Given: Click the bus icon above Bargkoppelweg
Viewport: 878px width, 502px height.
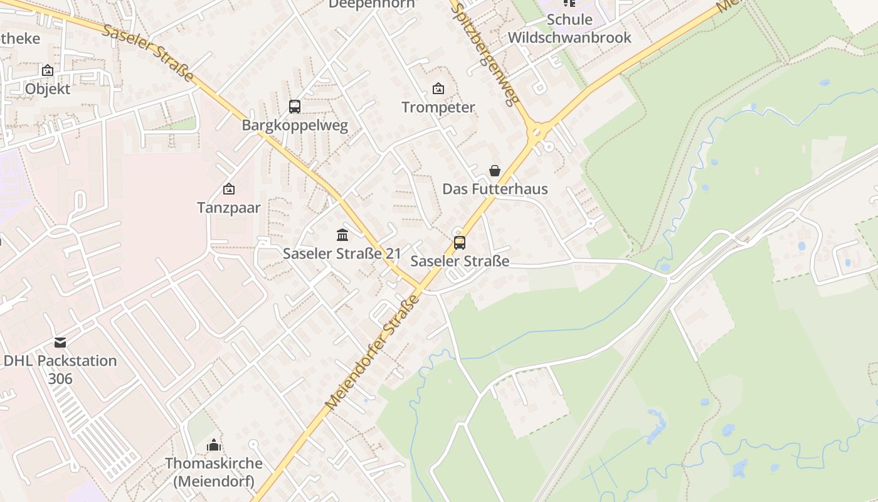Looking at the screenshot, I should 295,107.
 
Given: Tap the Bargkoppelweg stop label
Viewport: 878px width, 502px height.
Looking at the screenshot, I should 295,125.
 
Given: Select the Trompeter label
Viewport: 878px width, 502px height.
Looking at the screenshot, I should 438,107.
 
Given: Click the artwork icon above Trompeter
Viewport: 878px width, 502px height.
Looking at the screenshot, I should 438,88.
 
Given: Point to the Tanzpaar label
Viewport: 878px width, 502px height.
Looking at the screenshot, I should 229,208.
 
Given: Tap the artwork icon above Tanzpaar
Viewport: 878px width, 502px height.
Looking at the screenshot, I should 229,189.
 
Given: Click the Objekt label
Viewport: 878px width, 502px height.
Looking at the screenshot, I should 48,89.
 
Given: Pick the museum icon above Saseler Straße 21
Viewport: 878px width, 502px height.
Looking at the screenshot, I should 342,235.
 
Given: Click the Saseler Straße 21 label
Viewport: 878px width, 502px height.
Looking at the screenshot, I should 342,254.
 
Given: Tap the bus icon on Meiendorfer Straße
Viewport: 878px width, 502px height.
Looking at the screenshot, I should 460,243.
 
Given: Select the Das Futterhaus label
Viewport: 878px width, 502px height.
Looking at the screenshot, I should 495,189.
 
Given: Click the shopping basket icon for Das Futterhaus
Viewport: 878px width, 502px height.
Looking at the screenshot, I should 495,171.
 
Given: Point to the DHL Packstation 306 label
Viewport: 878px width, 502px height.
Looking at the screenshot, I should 60,370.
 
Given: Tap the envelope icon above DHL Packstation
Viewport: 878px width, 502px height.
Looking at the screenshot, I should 60,343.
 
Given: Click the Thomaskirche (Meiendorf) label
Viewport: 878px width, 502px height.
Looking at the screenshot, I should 214,473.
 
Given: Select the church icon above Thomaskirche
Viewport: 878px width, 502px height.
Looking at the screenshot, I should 214,446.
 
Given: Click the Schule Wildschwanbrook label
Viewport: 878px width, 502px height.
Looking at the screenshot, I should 569,28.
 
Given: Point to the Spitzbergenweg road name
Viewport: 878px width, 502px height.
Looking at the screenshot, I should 485,53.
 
